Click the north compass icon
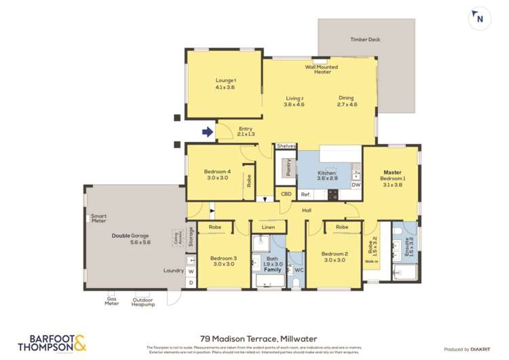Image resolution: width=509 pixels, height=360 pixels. pos(480,18)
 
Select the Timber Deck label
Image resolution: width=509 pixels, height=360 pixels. pos(365,39)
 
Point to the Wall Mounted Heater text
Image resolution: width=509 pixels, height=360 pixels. pos(322,69)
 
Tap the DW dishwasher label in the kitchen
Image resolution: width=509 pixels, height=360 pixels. pos(356,184)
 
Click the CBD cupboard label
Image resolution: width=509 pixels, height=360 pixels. pos(287,194)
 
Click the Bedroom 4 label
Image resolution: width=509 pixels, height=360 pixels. pos(217,175)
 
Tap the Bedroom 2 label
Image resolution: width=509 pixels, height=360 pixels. pos(335,257)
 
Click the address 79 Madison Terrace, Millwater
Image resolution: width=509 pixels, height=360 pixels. pos(259,338)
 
